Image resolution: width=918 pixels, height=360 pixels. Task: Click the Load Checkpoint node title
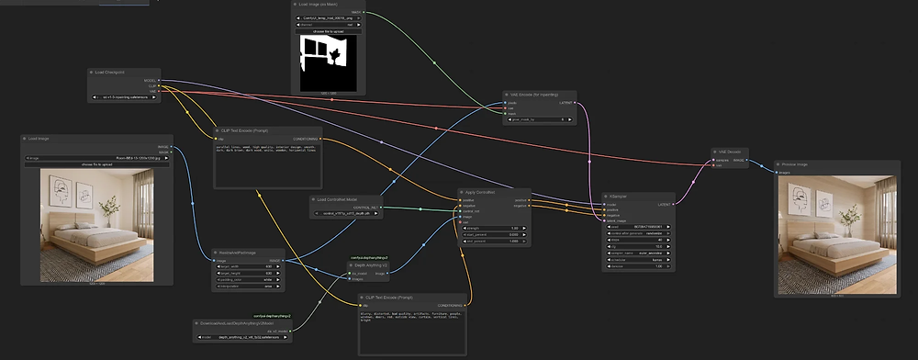click(x=110, y=71)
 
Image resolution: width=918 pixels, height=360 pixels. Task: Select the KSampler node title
click(x=618, y=196)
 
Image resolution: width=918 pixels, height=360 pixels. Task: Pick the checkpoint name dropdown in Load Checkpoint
click(x=124, y=96)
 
